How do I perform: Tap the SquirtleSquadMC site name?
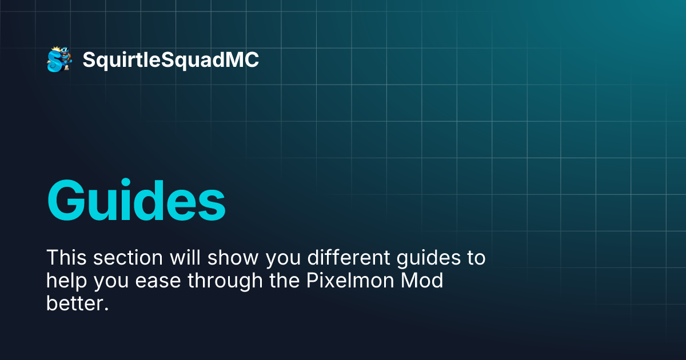point(170,60)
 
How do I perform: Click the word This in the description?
point(66,258)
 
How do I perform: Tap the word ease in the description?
point(157,281)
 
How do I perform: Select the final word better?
point(77,304)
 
